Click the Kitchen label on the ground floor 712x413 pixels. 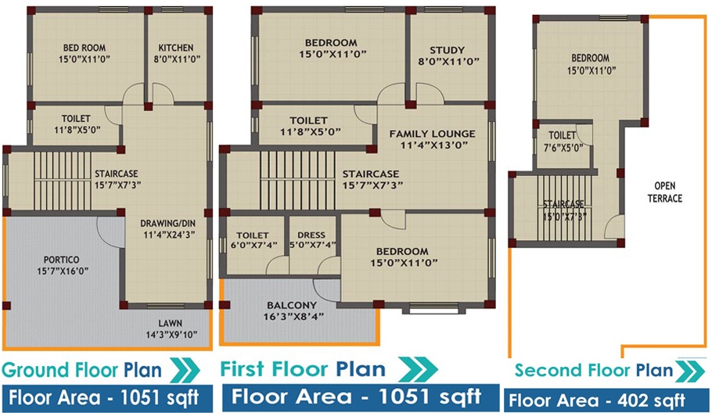[x=176, y=53]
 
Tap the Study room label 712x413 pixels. [x=448, y=56]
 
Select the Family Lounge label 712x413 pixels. [x=432, y=139]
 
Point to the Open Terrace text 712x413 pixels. [x=665, y=192]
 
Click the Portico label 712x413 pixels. [x=62, y=265]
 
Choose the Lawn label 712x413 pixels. [x=171, y=329]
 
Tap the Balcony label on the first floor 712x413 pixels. [x=292, y=311]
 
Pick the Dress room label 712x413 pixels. [x=312, y=240]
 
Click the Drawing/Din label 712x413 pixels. [x=167, y=228]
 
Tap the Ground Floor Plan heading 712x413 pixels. [x=81, y=370]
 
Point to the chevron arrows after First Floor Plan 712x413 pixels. [x=418, y=369]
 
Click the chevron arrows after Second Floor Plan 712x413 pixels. [x=690, y=371]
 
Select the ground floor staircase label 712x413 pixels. [x=117, y=179]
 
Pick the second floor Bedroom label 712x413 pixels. [x=591, y=64]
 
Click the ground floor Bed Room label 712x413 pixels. [x=85, y=53]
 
